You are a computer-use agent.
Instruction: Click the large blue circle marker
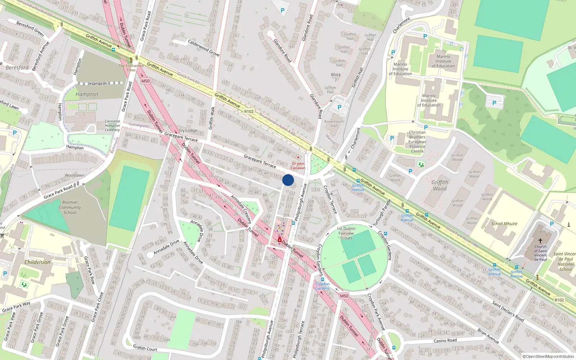click(x=288, y=180)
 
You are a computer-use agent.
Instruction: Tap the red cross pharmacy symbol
click(x=280, y=240)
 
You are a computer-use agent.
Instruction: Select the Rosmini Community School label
click(x=70, y=207)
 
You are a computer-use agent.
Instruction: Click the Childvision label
click(x=37, y=262)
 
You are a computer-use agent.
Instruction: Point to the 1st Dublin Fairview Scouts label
click(x=346, y=233)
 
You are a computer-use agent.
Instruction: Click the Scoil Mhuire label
click(x=504, y=224)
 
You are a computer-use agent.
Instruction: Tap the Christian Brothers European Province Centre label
click(x=417, y=142)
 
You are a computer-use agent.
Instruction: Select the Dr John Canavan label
click(x=298, y=166)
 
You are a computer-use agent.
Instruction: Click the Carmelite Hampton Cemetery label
click(x=112, y=126)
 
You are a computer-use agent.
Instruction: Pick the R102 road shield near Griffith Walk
click(x=249, y=112)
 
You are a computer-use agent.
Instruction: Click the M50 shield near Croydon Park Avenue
click(x=344, y=296)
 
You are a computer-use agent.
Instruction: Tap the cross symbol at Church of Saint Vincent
click(x=540, y=241)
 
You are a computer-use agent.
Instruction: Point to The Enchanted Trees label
click(x=131, y=68)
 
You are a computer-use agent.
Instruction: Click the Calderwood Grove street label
click(x=204, y=48)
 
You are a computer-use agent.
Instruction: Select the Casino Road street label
click(x=445, y=341)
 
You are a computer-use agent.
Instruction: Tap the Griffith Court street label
click(x=145, y=348)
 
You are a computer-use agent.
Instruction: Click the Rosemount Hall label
click(x=334, y=123)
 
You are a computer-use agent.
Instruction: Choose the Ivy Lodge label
click(x=188, y=130)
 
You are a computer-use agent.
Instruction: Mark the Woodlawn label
click(x=75, y=175)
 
